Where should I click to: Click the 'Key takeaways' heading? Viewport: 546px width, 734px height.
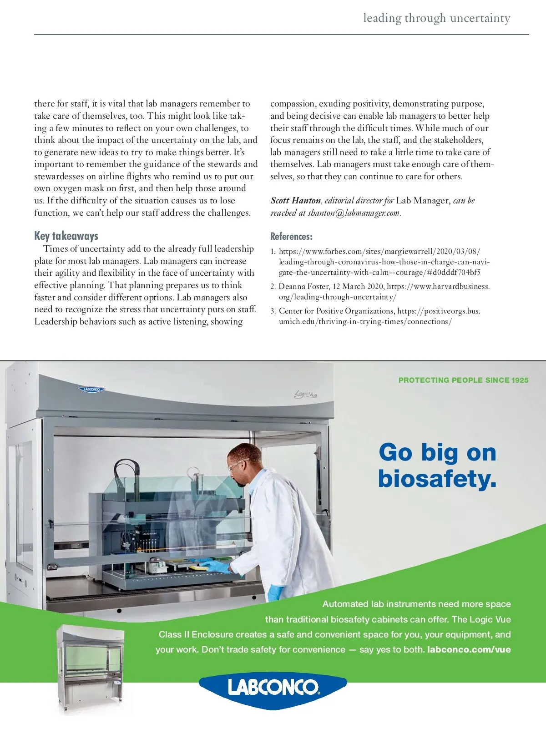click(x=66, y=236)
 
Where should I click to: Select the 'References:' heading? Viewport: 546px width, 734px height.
click(x=291, y=237)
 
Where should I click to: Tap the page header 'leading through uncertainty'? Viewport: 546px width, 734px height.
click(x=436, y=18)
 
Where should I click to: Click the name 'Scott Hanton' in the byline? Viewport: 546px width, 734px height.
click(x=296, y=201)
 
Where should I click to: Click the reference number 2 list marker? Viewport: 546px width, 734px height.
click(x=273, y=287)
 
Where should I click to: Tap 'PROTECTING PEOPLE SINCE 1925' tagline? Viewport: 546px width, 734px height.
click(x=463, y=380)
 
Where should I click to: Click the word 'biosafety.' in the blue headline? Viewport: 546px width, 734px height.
click(x=437, y=479)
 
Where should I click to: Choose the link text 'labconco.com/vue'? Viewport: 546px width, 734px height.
click(x=469, y=649)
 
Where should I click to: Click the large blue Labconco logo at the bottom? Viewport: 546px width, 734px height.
click(x=273, y=687)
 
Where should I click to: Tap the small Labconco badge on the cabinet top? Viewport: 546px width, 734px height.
click(x=91, y=390)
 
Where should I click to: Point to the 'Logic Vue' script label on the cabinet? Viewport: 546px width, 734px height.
click(x=305, y=394)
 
